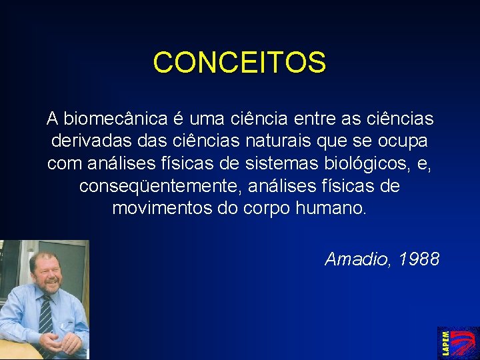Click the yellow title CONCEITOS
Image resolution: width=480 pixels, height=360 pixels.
239,63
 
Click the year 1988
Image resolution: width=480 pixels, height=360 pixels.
419,259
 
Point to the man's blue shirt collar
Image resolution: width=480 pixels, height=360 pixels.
32,298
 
